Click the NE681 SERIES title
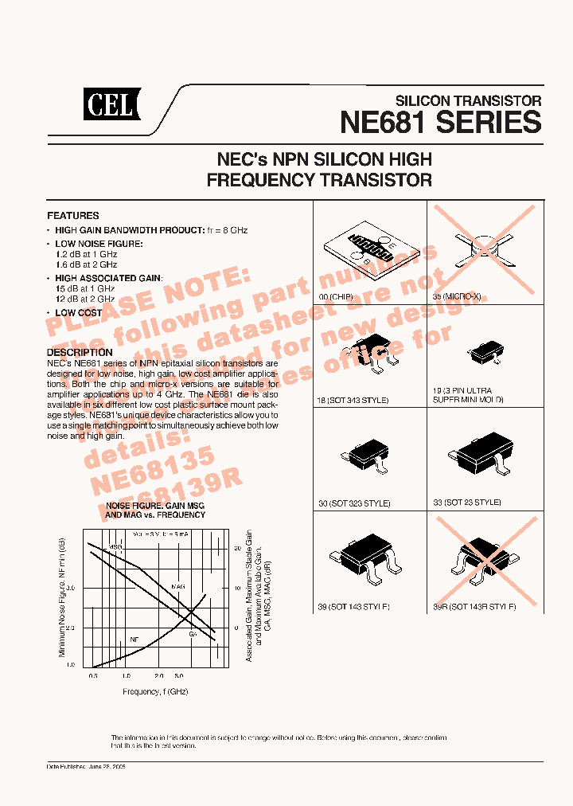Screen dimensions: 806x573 pos(440,123)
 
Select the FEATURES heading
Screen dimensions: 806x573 pos(73,216)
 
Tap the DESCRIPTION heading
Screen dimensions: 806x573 pos(80,352)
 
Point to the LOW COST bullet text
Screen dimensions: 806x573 pos(79,313)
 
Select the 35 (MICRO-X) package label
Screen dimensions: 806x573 pos(458,296)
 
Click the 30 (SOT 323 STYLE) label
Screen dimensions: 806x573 pos(355,503)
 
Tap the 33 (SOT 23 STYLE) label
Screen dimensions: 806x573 pos(467,503)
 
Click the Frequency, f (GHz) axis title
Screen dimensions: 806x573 pos(155,691)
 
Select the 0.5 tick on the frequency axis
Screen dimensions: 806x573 pos(93,675)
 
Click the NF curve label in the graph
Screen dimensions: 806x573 pos(134,639)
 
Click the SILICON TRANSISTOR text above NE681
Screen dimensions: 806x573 pos(469,101)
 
